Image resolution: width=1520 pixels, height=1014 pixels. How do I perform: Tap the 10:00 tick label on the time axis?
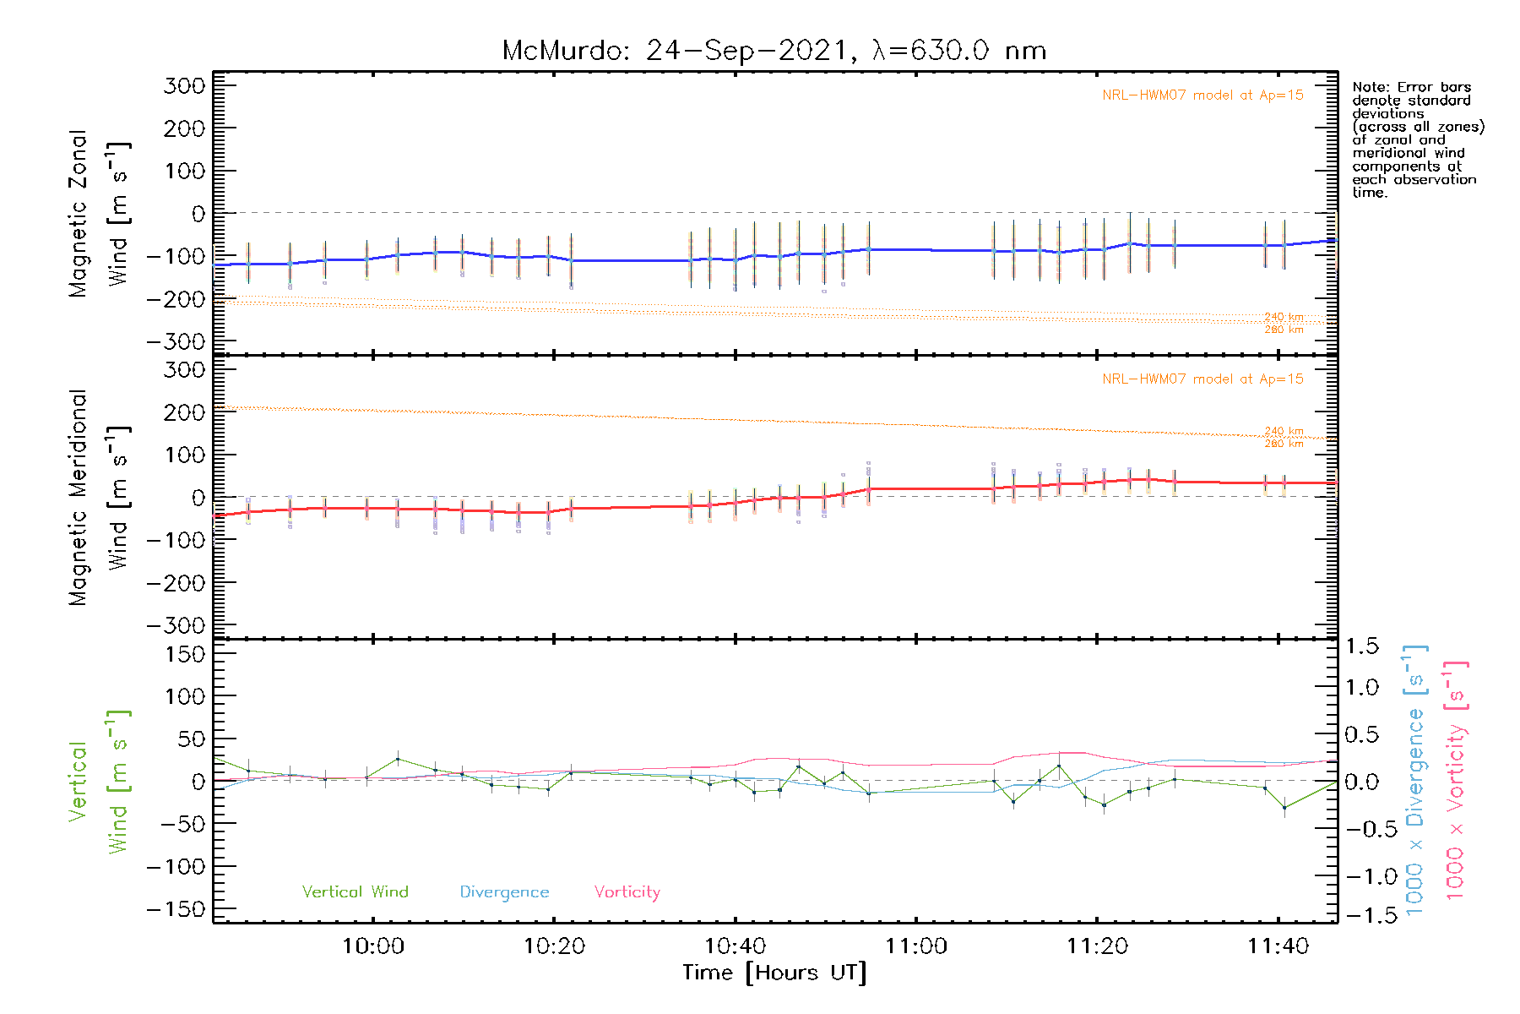pyautogui.click(x=372, y=946)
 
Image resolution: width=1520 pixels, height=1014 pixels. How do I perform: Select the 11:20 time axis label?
pyautogui.click(x=1097, y=946)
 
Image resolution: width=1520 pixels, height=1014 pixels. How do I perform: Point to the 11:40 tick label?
pyautogui.click(x=1278, y=946)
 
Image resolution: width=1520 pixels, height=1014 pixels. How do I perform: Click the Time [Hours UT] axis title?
pyautogui.click(x=774, y=973)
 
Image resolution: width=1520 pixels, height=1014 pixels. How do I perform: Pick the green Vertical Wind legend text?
pyautogui.click(x=355, y=891)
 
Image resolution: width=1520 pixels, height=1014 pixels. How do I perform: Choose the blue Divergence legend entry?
pyautogui.click(x=504, y=892)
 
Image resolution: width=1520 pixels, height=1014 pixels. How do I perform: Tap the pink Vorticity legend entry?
pyautogui.click(x=627, y=892)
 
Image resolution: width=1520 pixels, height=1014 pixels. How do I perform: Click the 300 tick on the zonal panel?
pyautogui.click(x=185, y=85)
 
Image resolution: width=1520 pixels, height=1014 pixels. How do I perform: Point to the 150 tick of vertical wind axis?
pyautogui.click(x=185, y=654)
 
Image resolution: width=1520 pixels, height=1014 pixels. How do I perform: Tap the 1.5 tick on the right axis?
pyautogui.click(x=1362, y=646)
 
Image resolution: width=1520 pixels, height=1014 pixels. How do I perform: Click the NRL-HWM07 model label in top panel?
pyautogui.click(x=1202, y=95)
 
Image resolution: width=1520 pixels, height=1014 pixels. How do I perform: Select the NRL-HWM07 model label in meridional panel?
pyautogui.click(x=1202, y=379)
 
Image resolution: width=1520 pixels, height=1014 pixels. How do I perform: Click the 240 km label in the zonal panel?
pyautogui.click(x=1284, y=317)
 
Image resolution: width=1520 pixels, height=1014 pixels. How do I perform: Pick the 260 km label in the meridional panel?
pyautogui.click(x=1284, y=444)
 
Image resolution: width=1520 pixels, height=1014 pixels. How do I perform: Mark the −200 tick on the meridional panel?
pyautogui.click(x=176, y=583)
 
